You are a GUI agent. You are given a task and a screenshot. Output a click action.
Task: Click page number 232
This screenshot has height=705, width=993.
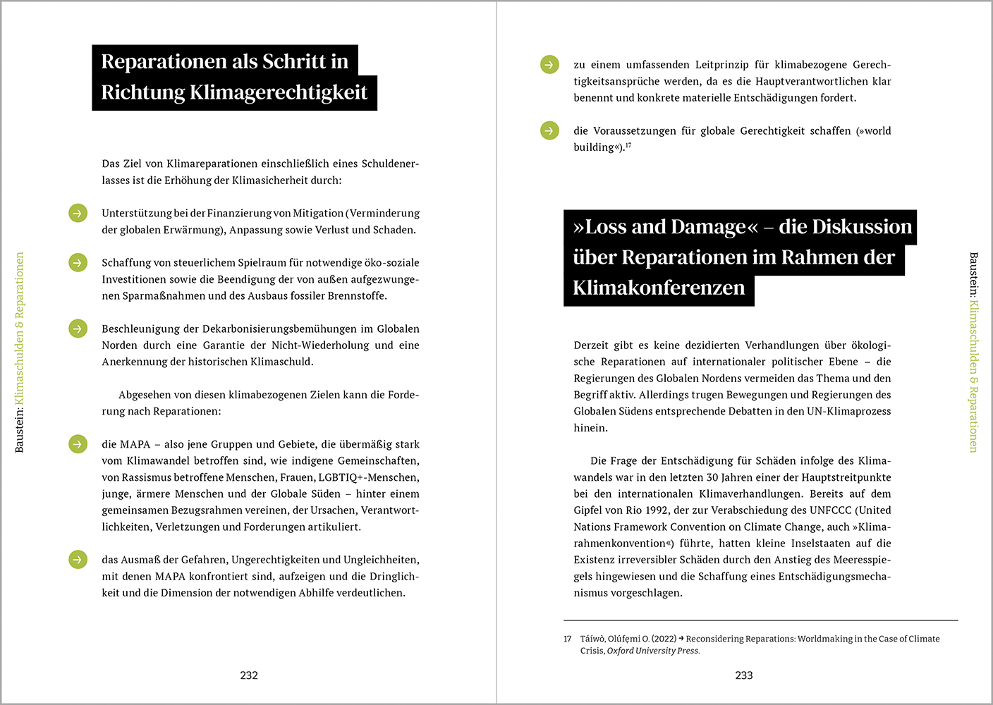[x=249, y=675]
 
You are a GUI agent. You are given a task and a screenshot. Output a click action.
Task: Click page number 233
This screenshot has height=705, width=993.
[x=744, y=675]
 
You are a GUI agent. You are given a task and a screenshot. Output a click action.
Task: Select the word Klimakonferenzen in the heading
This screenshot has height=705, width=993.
[x=659, y=288]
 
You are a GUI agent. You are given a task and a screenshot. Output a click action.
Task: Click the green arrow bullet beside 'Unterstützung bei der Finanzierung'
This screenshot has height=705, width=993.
[x=78, y=213]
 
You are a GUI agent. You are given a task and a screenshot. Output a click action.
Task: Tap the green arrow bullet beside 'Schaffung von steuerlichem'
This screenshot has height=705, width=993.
[x=78, y=262]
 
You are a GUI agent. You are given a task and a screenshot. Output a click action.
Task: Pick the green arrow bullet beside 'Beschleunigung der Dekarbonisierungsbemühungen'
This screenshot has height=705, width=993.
[x=78, y=329]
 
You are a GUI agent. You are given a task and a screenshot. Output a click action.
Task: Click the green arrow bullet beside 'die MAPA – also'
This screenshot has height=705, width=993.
[x=78, y=444]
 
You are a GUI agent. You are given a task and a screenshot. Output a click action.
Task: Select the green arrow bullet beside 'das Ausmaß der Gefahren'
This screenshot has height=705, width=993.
[x=78, y=560]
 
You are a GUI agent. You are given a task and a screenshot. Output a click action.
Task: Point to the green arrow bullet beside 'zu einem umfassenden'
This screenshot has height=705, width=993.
[x=549, y=65]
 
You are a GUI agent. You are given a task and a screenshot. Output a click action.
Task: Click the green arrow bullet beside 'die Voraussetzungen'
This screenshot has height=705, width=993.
[x=549, y=130]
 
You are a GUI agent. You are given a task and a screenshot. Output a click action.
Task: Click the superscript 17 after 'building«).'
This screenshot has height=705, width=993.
[x=628, y=145]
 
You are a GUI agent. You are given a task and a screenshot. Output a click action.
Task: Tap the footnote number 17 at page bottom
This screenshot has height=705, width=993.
[x=568, y=639]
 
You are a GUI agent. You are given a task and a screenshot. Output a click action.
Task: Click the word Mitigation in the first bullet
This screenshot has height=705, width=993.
[x=318, y=213]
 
